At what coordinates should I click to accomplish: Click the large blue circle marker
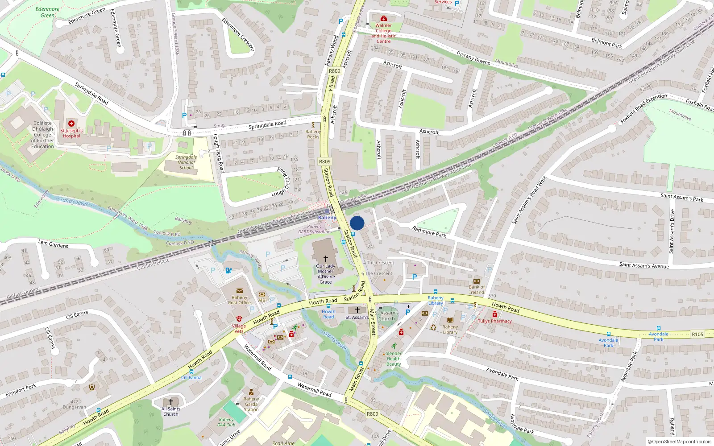coord(357,223)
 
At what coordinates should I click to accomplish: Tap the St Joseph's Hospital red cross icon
coord(71,123)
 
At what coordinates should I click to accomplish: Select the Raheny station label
coord(327,218)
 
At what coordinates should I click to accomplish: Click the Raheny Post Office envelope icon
coord(240,291)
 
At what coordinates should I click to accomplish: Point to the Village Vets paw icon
coord(239,319)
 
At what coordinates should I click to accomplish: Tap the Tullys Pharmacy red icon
coord(495,314)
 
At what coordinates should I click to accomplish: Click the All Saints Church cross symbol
coord(170,402)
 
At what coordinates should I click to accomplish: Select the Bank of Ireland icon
coord(477,281)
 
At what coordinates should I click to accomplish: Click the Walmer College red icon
coord(383,19)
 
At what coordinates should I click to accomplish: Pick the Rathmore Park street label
coord(429,231)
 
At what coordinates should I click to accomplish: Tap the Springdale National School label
coord(186,162)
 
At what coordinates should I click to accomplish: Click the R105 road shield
coord(697,334)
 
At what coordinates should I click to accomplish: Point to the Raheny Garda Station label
coord(251,404)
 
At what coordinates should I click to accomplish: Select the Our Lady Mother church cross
coord(326,259)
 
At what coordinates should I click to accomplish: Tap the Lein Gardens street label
coord(53,244)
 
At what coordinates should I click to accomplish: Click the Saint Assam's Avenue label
coord(644,265)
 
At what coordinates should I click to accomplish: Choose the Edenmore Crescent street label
coord(238,34)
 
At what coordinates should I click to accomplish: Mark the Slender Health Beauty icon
coord(394,346)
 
